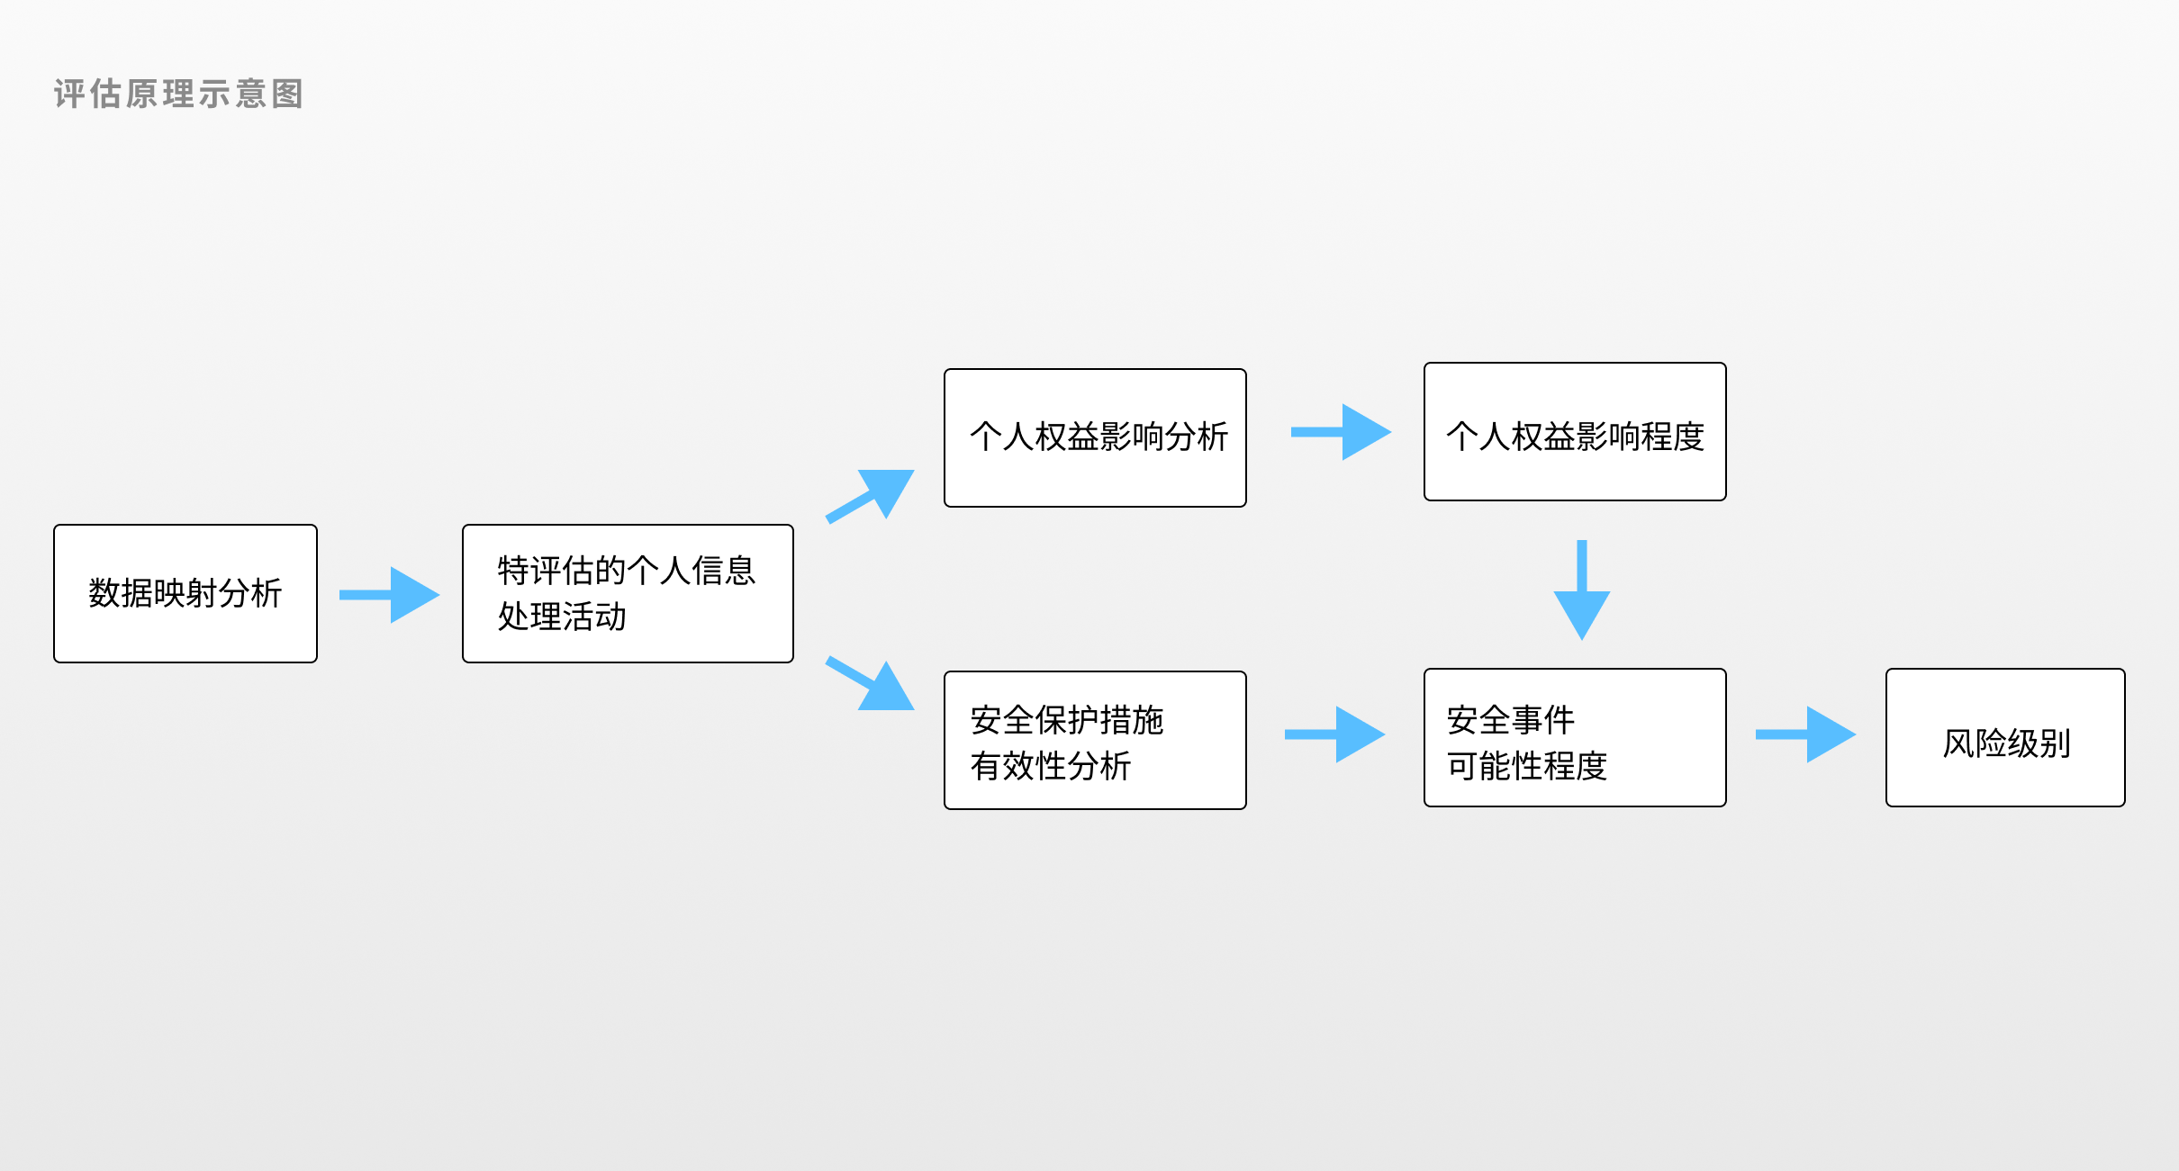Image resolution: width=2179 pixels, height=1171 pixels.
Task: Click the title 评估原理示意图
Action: click(178, 94)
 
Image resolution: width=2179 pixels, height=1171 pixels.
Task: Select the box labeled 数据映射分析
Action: click(185, 594)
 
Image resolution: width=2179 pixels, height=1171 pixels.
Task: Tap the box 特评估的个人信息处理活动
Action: click(628, 594)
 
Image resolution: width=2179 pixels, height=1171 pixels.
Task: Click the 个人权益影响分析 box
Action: click(1095, 437)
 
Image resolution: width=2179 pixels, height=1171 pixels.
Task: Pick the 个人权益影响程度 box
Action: click(1575, 432)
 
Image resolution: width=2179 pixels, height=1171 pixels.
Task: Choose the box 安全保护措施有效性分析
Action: click(1095, 740)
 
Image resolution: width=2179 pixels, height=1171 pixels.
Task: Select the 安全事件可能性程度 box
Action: click(1575, 737)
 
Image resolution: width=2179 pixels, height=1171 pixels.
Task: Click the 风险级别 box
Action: click(2005, 737)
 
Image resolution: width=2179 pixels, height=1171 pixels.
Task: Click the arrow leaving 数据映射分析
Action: click(389, 595)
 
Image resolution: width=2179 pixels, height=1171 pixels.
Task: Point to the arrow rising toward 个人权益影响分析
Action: click(870, 496)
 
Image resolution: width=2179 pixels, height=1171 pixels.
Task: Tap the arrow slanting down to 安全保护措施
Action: click(870, 684)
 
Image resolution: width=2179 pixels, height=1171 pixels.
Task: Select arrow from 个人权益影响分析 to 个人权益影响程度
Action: click(1341, 432)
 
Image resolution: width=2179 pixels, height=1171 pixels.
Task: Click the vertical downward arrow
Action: click(1582, 590)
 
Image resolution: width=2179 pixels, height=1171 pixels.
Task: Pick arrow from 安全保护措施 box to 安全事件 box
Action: click(1334, 734)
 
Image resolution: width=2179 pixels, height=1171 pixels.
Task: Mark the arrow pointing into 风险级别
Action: click(1805, 734)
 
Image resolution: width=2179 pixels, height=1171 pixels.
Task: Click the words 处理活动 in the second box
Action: click(562, 617)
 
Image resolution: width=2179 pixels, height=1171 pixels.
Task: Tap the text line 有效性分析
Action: click(1051, 766)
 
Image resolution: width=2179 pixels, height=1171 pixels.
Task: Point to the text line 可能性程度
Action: click(1527, 766)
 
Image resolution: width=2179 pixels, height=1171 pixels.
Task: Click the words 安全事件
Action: click(1511, 720)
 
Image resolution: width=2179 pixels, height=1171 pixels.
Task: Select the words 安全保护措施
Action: click(1067, 720)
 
